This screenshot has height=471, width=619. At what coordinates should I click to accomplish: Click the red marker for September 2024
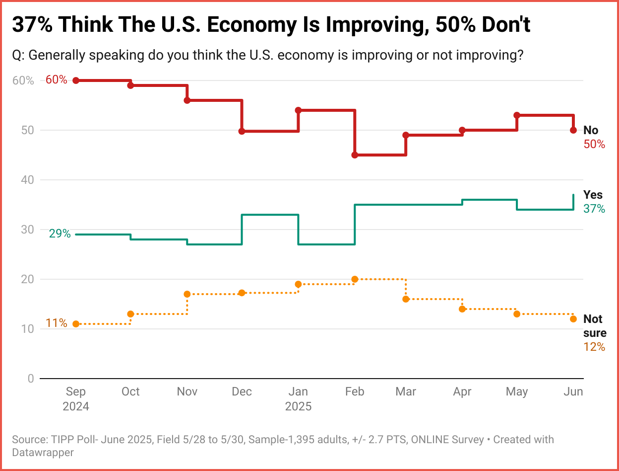76,80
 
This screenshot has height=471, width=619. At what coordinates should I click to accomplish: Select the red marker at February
355,155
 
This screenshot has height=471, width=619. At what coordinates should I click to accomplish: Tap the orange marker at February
355,279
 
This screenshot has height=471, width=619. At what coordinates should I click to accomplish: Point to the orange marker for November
187,294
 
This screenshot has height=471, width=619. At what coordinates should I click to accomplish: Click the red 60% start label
56,79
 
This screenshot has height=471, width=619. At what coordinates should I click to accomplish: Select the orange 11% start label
56,323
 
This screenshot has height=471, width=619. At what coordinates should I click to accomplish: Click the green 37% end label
594,209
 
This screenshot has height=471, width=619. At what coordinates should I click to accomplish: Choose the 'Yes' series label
593,195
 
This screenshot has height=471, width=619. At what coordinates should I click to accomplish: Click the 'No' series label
591,130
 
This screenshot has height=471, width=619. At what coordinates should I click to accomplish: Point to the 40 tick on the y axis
27,180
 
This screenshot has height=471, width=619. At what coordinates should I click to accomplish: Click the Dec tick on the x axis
242,392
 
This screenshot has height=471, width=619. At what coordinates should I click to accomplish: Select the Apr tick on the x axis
462,392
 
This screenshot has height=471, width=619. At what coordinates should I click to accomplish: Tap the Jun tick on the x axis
573,392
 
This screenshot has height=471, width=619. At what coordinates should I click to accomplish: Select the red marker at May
517,115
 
